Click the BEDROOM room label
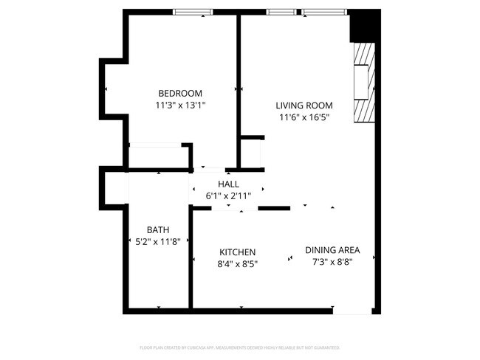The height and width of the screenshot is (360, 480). coord(180,93)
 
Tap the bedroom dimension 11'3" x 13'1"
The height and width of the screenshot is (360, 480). coord(180,105)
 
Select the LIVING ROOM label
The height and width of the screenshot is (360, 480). coord(304,105)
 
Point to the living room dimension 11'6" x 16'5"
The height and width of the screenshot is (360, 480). coord(304,117)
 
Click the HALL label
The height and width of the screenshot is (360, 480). coord(228,184)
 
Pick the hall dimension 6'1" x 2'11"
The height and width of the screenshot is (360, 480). coord(228,195)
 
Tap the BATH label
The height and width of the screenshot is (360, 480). coord(159,229)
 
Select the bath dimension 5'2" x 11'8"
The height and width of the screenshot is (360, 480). coord(159,241)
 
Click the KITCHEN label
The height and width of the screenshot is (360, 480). coord(236,252)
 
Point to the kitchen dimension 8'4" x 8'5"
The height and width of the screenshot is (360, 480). coord(236,263)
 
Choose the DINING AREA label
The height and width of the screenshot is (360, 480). coord(332,249)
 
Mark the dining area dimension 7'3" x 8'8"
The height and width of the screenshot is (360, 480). coord(332,261)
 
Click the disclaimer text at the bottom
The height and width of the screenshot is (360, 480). coord(239,347)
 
